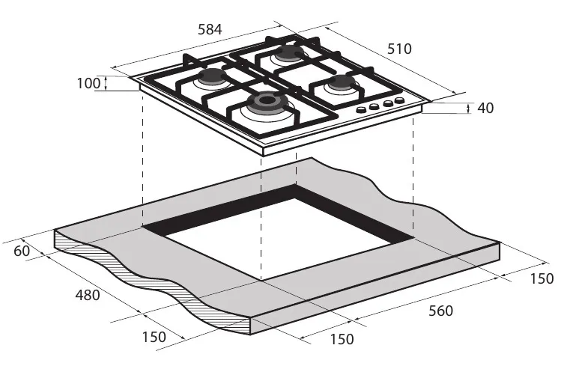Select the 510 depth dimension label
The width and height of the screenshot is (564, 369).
click(x=399, y=49)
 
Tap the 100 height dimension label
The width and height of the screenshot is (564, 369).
click(x=88, y=83)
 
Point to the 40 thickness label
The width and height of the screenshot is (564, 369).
click(x=485, y=108)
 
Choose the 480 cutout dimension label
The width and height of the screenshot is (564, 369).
click(x=88, y=295)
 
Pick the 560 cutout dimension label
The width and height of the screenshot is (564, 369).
click(x=440, y=311)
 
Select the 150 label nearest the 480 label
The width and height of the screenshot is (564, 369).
click(x=154, y=337)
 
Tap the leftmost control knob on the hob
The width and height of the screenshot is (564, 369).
click(x=361, y=110)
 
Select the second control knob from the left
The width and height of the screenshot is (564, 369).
click(x=373, y=107)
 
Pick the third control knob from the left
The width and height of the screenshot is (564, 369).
click(x=386, y=104)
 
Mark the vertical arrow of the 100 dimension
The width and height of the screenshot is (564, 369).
click(x=106, y=83)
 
